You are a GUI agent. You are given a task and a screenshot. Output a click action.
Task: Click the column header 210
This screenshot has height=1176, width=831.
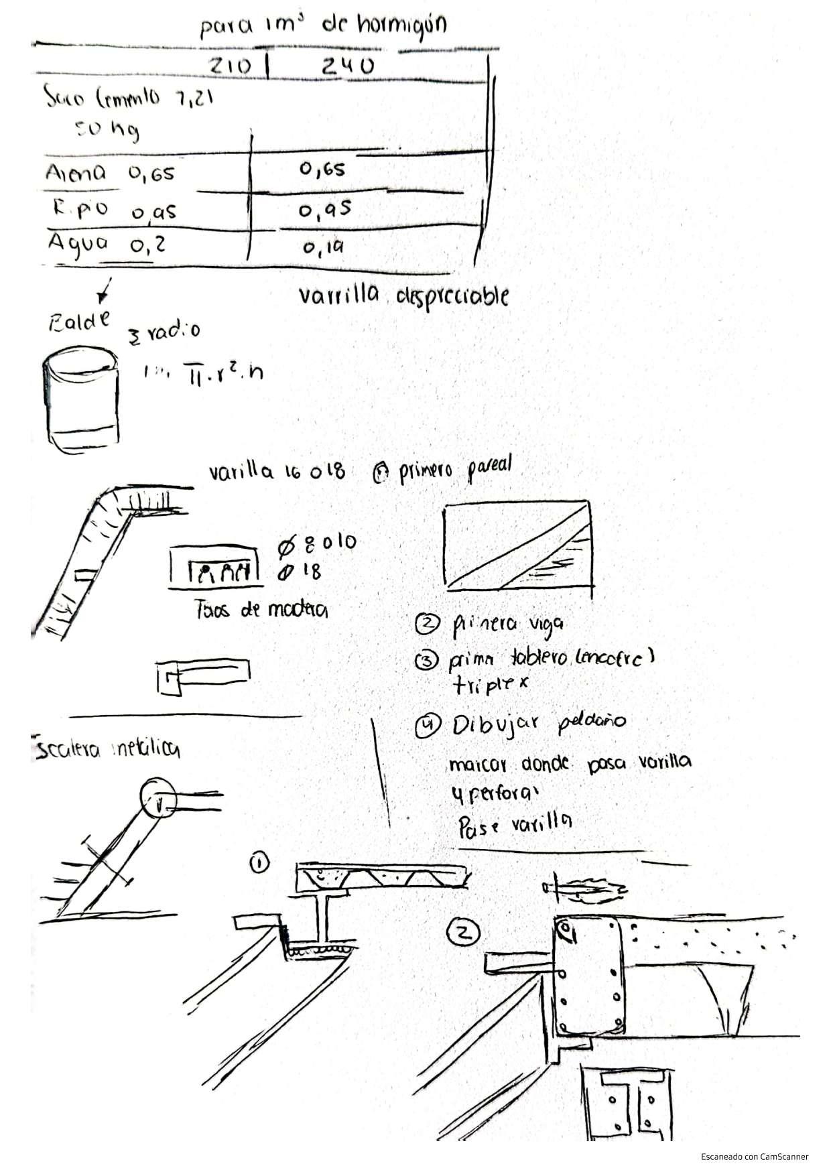point(231,66)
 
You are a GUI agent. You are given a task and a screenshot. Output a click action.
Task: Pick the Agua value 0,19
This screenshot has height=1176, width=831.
point(323,248)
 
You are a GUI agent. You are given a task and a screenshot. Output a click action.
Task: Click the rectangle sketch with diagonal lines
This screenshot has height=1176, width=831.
point(517,543)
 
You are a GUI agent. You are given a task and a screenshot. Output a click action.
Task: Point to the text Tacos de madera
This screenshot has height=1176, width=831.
point(261,610)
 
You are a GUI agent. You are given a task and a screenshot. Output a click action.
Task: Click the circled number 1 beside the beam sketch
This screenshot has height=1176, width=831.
point(259,864)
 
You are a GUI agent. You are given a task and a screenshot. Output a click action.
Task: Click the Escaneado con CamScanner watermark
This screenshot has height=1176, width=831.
point(755,1156)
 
